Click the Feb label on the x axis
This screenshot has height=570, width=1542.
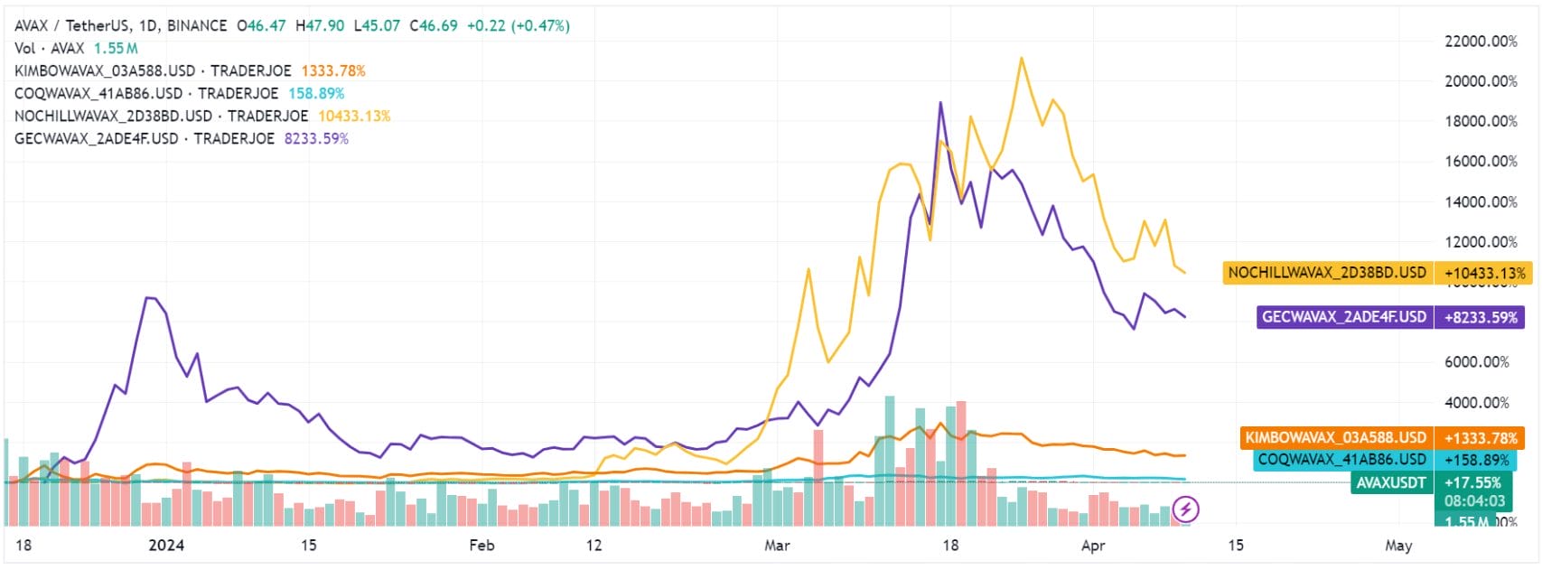pyautogui.click(x=481, y=546)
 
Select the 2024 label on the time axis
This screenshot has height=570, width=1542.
pyautogui.click(x=165, y=546)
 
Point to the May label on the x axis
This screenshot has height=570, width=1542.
pyautogui.click(x=1398, y=546)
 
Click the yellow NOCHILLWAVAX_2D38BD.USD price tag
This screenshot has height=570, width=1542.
pyautogui.click(x=1327, y=273)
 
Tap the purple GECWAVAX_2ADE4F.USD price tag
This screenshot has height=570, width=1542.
pyautogui.click(x=1343, y=317)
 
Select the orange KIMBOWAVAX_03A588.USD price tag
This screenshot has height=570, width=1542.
pyautogui.click(x=1335, y=438)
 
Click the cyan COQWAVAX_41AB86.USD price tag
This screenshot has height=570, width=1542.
pyautogui.click(x=1342, y=460)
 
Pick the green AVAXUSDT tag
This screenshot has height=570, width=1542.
pyautogui.click(x=1390, y=483)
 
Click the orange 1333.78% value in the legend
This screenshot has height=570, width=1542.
pyautogui.click(x=333, y=70)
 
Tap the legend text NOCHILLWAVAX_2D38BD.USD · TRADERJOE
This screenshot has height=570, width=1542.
pyautogui.click(x=162, y=116)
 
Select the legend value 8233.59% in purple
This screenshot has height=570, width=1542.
pyautogui.click(x=316, y=138)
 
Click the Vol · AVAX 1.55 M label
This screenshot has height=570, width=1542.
pyautogui.click(x=76, y=48)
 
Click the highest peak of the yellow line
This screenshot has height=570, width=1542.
pyautogui.click(x=1021, y=59)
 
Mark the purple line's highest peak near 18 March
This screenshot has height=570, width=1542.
pyautogui.click(x=940, y=102)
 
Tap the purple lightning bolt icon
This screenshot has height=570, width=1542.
pyautogui.click(x=1185, y=509)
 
